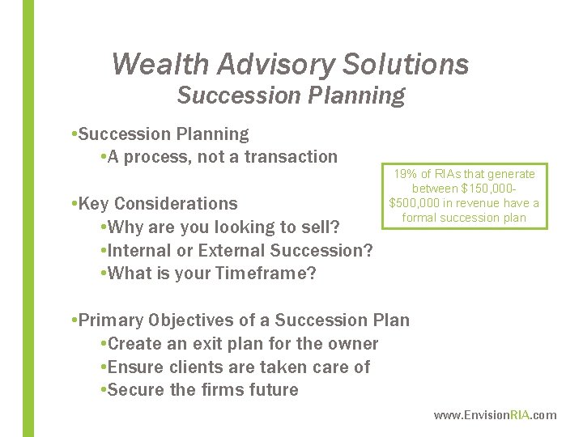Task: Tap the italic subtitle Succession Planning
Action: tap(291, 95)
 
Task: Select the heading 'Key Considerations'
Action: tap(158, 204)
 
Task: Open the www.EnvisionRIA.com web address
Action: tap(495, 415)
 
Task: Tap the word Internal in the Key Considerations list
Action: tap(142, 250)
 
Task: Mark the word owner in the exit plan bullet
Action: tap(354, 344)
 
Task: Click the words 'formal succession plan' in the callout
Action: tap(464, 218)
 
